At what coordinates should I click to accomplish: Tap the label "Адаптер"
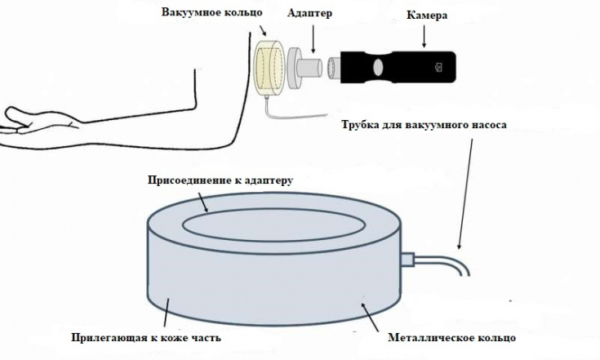(310, 14)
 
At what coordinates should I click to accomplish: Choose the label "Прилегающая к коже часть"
(145, 336)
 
